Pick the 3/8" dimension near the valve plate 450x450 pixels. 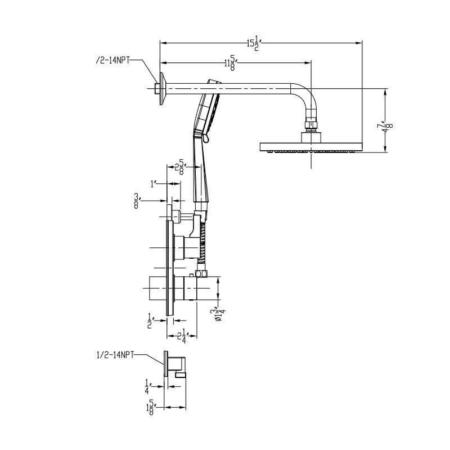coord(137,201)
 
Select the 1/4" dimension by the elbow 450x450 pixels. coord(147,387)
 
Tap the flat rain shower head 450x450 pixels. coord(310,148)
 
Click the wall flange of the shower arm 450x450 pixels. coord(162,88)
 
